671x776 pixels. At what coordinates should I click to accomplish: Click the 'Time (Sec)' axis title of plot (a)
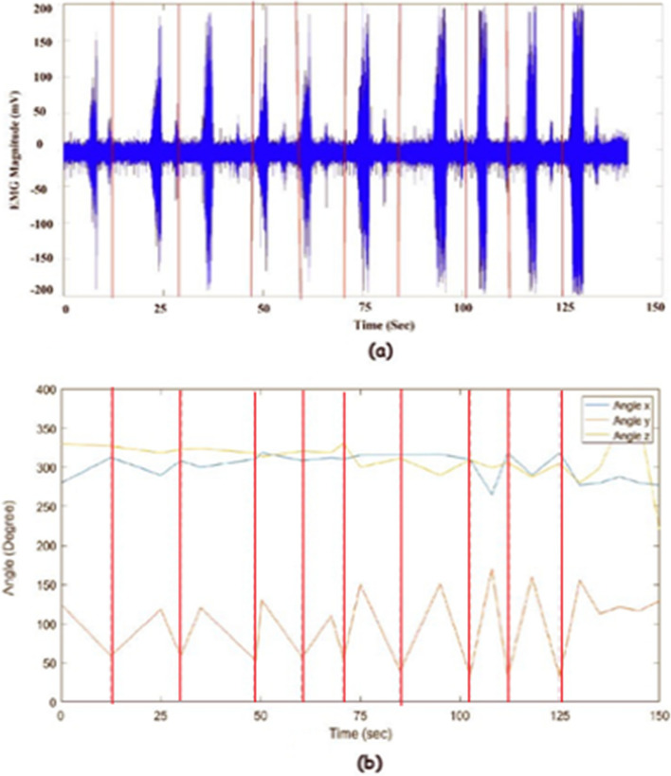(x=384, y=325)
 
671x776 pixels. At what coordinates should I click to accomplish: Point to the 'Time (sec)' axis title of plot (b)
(x=360, y=733)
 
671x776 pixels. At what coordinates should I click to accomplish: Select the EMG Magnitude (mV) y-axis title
(x=16, y=149)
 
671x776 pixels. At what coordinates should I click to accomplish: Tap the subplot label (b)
(x=369, y=763)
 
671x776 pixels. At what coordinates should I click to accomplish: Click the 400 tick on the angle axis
(x=48, y=389)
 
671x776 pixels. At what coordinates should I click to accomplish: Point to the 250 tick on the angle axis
(x=48, y=507)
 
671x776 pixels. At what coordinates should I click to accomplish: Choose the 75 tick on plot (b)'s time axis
(x=360, y=715)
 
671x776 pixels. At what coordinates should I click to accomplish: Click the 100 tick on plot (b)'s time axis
(x=460, y=715)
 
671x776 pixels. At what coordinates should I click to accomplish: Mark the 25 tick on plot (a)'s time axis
(x=159, y=309)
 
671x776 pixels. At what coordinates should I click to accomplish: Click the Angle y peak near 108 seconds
(x=492, y=570)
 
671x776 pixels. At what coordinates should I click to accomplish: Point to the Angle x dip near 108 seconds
(x=492, y=494)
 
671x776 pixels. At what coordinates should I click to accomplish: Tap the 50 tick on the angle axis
(x=51, y=663)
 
